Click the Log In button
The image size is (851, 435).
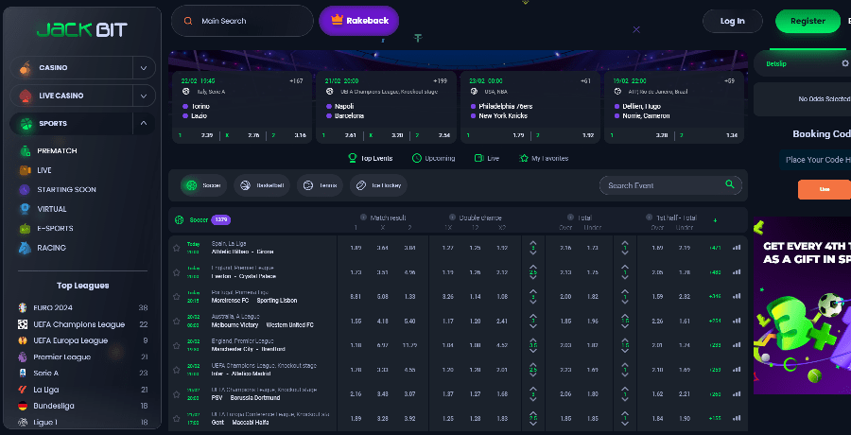click(x=732, y=21)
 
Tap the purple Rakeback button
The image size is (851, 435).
click(x=358, y=21)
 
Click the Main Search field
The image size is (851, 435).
click(x=242, y=21)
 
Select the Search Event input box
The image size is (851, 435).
click(x=662, y=185)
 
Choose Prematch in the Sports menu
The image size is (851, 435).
click(x=57, y=150)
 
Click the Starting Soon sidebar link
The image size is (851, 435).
click(x=66, y=189)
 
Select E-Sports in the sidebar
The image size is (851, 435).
click(x=57, y=228)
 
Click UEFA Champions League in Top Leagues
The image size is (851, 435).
click(x=78, y=324)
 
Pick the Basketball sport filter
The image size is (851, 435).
click(x=260, y=185)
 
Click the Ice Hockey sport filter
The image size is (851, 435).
click(x=380, y=185)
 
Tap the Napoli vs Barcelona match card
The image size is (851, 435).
click(x=386, y=108)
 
